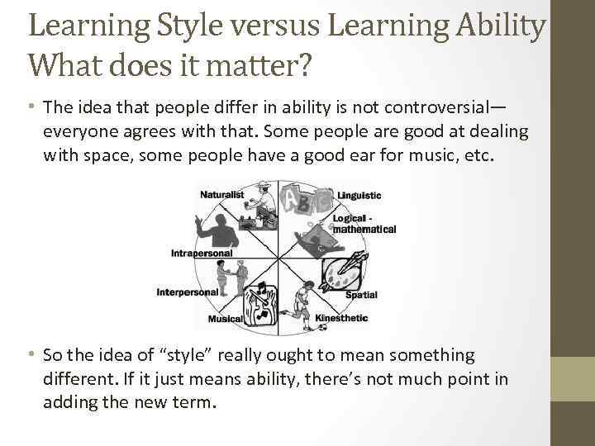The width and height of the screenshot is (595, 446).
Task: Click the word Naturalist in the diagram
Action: point(221,194)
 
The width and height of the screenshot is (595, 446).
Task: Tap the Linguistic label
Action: point(359,196)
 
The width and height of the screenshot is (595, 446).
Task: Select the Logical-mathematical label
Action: point(364,224)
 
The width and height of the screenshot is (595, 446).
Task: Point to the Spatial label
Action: point(361,294)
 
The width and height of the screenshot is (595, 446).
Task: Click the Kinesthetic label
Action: point(341,318)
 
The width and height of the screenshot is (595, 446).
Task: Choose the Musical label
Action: point(225,319)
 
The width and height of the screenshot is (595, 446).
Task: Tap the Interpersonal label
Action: point(188,292)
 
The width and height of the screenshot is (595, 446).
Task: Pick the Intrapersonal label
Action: point(201,253)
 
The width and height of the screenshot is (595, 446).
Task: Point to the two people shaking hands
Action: point(236,277)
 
